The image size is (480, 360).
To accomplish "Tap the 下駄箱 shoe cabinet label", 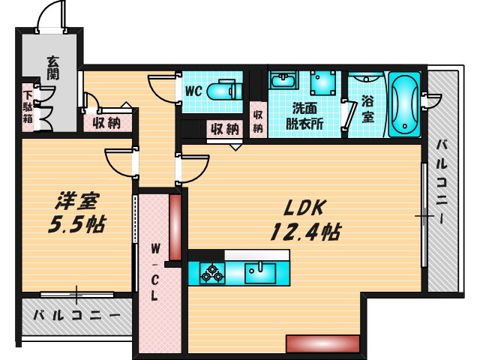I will click(28, 107).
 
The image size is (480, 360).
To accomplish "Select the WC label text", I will click(194, 91).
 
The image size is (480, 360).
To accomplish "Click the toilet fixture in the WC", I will click(224, 91).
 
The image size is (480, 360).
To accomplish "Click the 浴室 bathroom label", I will click(368, 109).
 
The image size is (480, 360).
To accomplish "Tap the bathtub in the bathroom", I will click(406, 104).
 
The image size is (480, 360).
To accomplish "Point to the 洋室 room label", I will click(76, 200).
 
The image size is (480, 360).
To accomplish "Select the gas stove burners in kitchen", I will click(211, 272).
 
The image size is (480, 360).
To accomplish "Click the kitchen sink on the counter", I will click(259, 272).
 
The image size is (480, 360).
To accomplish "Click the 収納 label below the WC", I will click(224, 128).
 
